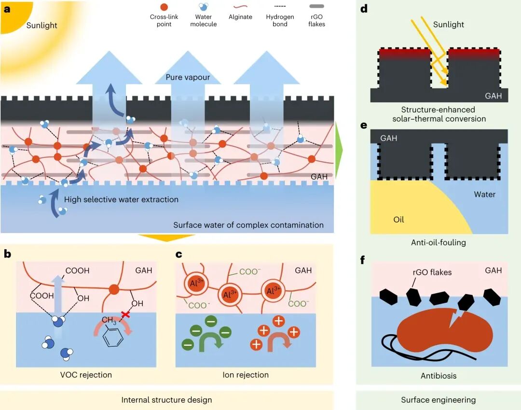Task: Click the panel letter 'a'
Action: [x=7, y=9]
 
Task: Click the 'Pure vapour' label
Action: [x=188, y=77]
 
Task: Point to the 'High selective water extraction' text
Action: [x=121, y=199]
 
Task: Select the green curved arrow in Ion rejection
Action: [x=209, y=338]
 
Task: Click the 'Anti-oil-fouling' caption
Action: [x=439, y=242]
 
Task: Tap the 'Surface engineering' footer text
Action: [x=438, y=399]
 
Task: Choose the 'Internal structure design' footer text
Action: [x=166, y=399]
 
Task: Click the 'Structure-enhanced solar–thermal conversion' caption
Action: [x=439, y=114]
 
